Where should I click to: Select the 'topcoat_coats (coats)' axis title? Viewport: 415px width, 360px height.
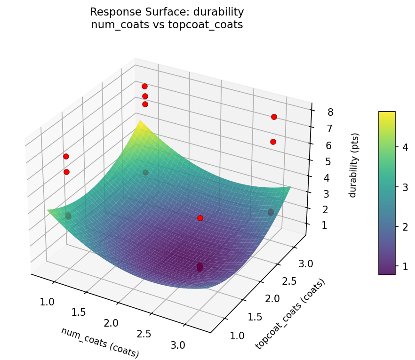(290, 314)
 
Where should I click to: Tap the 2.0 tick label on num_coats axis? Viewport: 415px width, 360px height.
(112, 323)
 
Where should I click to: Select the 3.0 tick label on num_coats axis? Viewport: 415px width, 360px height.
(178, 345)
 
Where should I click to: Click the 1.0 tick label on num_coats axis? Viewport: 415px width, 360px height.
(48, 302)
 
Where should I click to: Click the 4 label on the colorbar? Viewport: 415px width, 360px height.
(405, 147)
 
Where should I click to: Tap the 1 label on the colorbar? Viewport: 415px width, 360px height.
(405, 266)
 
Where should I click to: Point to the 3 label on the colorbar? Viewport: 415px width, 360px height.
(405, 187)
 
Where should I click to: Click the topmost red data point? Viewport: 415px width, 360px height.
(144, 86)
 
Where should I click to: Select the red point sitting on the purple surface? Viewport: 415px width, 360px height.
(200, 218)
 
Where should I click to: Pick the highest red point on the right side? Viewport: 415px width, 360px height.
(274, 117)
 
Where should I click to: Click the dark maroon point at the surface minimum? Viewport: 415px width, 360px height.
(200, 267)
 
